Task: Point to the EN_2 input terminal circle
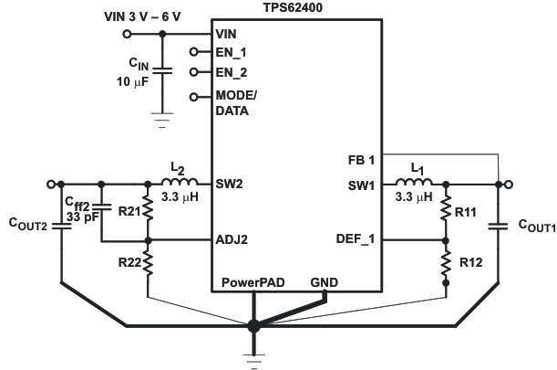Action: point(193,71)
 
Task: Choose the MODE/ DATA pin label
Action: point(238,103)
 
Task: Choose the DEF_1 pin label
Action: point(356,240)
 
